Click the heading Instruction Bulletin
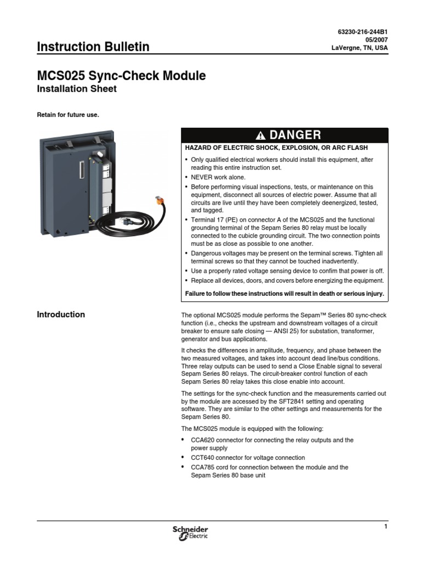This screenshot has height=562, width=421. coord(93,47)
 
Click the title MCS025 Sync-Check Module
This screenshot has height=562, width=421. coord(121,76)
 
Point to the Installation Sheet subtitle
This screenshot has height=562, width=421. coord(76,89)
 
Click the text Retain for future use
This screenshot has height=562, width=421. coord(67,115)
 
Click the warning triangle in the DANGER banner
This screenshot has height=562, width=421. coord(260,136)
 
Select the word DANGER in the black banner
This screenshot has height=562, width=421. coord(295,135)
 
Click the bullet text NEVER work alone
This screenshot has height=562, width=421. coord(218,177)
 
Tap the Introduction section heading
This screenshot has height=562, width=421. coord(60,314)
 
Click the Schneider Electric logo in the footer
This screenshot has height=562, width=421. coord(190,532)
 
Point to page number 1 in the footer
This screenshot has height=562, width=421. coord(385,527)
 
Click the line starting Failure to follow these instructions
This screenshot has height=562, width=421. coord(285,294)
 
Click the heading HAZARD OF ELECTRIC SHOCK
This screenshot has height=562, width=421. coord(276,148)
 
